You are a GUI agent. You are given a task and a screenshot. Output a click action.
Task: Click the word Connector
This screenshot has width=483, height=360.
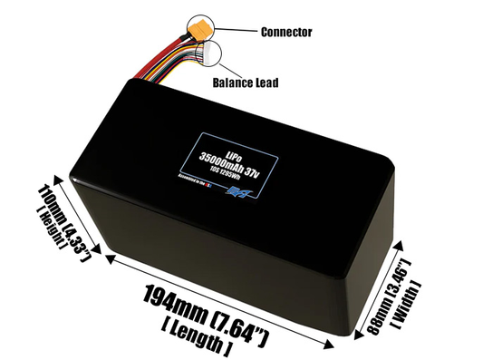[x=285, y=32]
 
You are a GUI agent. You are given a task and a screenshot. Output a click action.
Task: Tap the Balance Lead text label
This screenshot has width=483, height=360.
[x=245, y=83]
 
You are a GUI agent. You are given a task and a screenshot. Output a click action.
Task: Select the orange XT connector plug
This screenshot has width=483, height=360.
[x=202, y=33]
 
